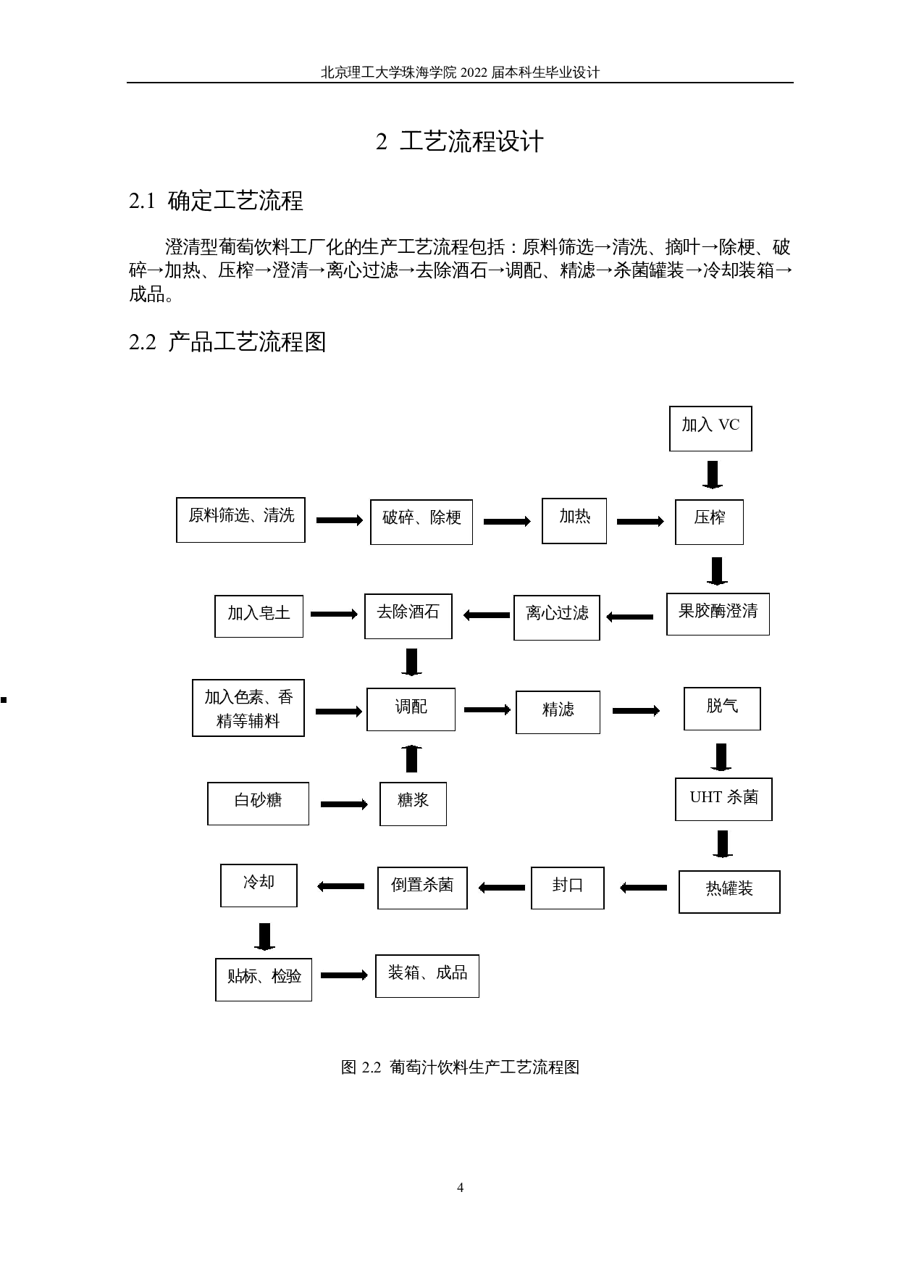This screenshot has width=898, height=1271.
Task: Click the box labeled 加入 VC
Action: [710, 428]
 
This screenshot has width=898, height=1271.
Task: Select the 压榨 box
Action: [709, 522]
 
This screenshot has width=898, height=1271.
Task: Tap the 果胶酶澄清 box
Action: [718, 614]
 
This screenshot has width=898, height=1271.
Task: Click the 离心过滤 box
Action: [556, 617]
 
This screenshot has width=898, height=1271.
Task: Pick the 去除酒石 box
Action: [408, 617]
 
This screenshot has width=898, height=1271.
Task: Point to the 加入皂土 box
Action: [259, 617]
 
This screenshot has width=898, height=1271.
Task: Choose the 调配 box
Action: [411, 709]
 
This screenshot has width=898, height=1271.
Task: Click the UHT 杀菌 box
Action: [723, 799]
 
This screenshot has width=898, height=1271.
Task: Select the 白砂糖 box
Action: [258, 803]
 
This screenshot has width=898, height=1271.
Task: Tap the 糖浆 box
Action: [413, 803]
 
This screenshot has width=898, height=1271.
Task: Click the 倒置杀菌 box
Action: [422, 888]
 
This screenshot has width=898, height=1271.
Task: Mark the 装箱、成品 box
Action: [427, 976]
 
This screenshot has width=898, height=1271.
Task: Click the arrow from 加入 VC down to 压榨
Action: [713, 475]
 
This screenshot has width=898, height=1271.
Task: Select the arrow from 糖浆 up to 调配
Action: [411, 758]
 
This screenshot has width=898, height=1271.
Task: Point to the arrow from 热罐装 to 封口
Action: [643, 888]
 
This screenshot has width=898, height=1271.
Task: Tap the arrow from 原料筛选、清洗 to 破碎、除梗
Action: [339, 520]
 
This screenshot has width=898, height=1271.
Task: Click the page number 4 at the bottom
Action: [460, 1188]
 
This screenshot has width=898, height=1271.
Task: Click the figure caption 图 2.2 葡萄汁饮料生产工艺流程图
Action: [459, 1067]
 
